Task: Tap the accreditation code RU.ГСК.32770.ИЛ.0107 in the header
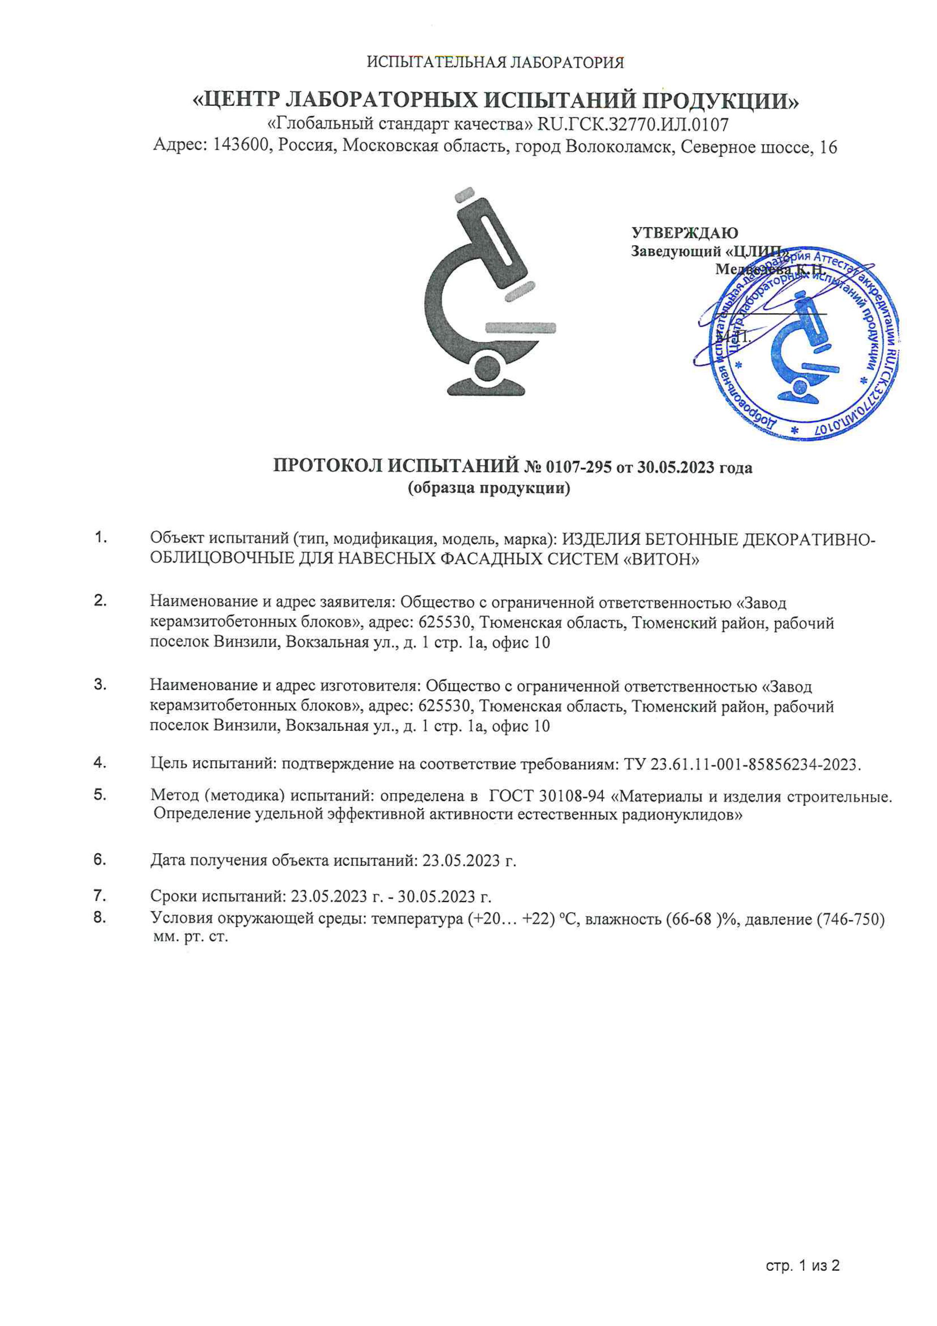pyautogui.click(x=633, y=124)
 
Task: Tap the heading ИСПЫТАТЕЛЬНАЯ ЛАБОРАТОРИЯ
pyautogui.click(x=495, y=62)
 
